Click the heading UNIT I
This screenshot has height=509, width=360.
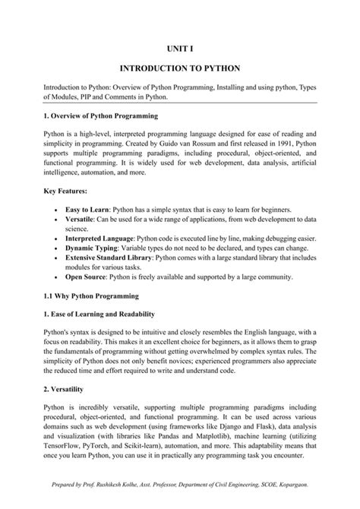pos(179,48)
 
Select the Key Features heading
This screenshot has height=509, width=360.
pos(66,191)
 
